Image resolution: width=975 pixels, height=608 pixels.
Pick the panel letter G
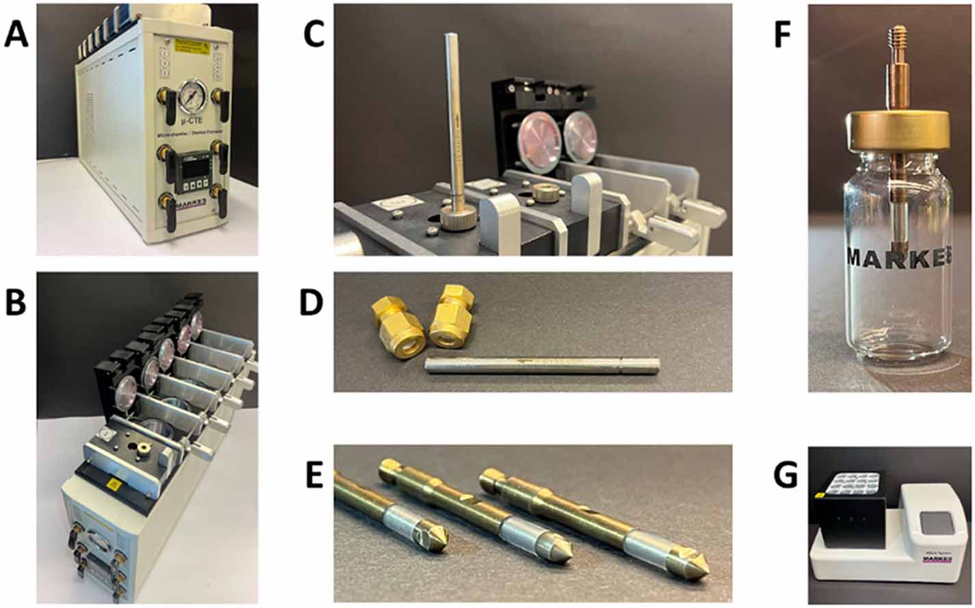784,475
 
